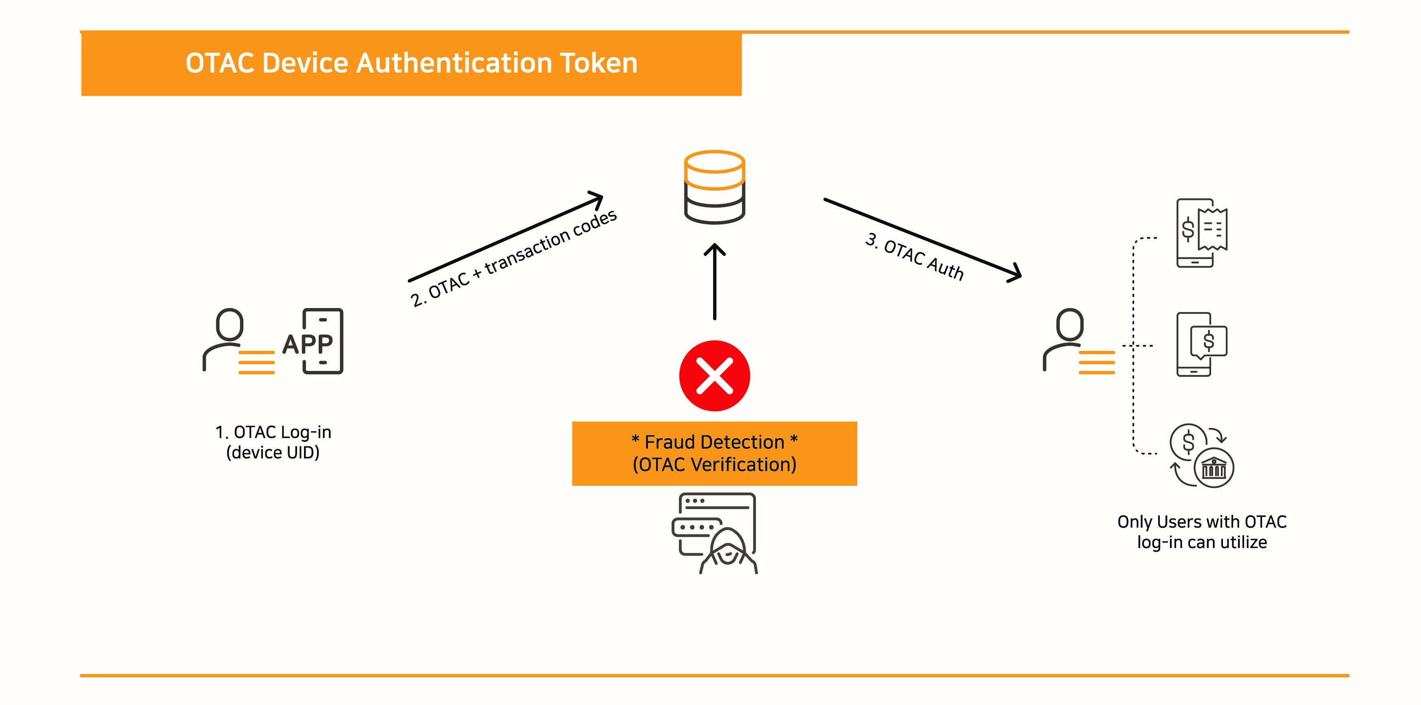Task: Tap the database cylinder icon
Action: coord(714,187)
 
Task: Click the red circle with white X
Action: coord(714,375)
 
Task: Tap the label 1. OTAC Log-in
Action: coord(273,432)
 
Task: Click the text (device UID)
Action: coord(273,453)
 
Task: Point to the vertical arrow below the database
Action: coord(714,282)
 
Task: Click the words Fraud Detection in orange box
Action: coord(714,442)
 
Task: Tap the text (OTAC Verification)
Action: coord(714,465)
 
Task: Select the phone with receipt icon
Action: coord(1201,233)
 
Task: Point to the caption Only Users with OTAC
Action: coord(1201,522)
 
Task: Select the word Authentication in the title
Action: coord(454,63)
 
